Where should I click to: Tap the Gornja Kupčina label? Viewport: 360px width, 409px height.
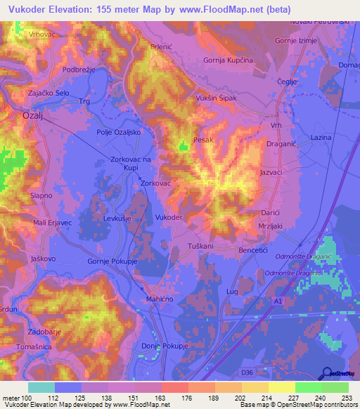pyautogui.click(x=228, y=60)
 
